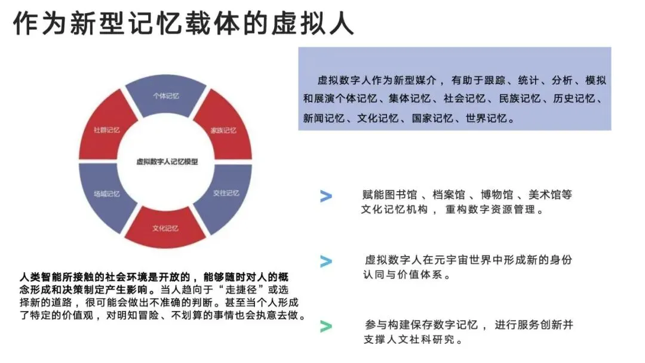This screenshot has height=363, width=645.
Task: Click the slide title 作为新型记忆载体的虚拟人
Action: coord(184,24)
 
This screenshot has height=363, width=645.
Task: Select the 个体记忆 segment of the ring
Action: coord(166,96)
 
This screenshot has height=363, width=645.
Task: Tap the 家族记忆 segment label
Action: coord(223,130)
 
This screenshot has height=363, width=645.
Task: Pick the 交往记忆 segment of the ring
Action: coord(226,193)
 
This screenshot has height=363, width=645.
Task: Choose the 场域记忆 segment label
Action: coord(106,193)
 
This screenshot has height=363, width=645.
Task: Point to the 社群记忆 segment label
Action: coord(107,130)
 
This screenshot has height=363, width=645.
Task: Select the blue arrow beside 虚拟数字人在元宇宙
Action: coord(325,261)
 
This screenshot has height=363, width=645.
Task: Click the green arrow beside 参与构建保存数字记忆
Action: coord(325,326)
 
